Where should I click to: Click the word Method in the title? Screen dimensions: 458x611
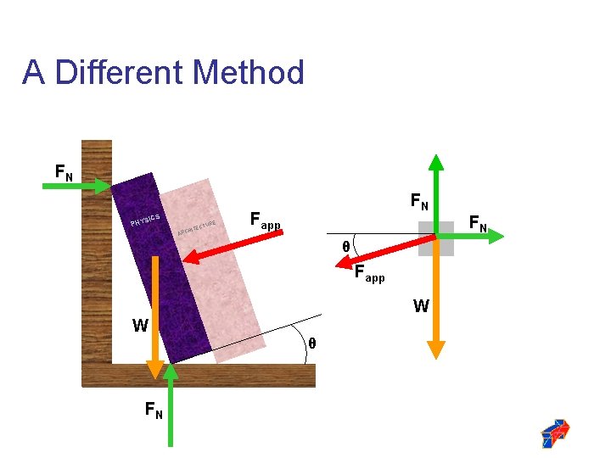[249, 72]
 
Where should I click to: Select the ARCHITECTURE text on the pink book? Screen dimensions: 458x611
[198, 226]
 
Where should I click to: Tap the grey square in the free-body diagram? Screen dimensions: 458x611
[436, 238]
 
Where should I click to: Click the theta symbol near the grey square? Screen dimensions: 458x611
[345, 247]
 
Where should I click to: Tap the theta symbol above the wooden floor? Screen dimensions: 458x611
[311, 343]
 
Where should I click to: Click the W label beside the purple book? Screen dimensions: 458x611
[140, 325]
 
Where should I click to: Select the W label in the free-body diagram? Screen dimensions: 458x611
[421, 306]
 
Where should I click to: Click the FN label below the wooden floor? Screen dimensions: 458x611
[154, 411]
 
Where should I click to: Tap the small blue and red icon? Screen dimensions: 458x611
[556, 433]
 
